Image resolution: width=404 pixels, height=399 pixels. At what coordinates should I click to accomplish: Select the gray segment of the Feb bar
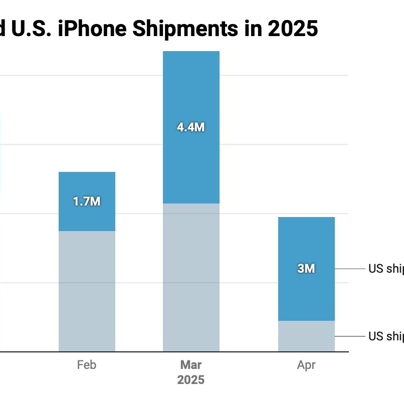(87, 291)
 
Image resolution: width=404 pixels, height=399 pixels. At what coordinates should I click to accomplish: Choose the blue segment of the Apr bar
(306, 241)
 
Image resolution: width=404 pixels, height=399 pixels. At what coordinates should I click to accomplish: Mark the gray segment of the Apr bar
(306, 336)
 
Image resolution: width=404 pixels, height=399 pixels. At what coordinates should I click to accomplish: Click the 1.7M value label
(87, 202)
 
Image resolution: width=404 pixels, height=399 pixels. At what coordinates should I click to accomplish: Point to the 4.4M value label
(191, 127)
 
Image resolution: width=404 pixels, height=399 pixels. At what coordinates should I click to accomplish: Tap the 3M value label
(306, 269)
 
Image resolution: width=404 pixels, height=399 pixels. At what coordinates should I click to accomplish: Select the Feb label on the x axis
(87, 365)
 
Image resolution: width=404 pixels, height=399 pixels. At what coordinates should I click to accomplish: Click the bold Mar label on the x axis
(191, 365)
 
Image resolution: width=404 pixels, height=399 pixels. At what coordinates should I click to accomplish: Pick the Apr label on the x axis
(306, 365)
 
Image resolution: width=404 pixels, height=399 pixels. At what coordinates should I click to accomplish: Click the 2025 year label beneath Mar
(191, 380)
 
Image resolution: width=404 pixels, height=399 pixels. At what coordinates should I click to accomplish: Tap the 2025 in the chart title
(292, 29)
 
